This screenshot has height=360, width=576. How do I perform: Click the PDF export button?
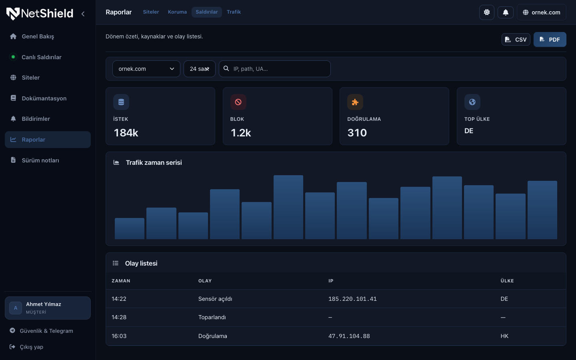[x=550, y=39]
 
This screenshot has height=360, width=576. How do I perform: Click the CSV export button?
[x=516, y=39]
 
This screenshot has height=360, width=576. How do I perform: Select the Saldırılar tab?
[x=206, y=12]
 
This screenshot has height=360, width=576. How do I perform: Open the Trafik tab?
[x=234, y=12]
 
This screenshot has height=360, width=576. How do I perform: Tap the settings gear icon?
[x=486, y=12]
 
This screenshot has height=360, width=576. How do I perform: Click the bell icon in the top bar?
[x=506, y=12]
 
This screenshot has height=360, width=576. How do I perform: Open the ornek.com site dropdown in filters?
[x=146, y=69]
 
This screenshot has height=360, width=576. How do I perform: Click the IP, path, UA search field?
[x=275, y=69]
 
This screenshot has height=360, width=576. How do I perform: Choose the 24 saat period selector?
[x=199, y=69]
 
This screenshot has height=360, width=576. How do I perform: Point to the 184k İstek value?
[x=126, y=133]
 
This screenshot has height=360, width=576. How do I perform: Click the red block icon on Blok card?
[x=238, y=102]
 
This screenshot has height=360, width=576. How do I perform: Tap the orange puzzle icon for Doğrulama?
[x=355, y=102]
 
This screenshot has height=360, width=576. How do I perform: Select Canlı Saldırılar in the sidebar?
[x=42, y=57]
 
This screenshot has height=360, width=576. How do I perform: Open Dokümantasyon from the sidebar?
[x=44, y=98]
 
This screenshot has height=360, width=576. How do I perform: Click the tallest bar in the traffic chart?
[x=288, y=207]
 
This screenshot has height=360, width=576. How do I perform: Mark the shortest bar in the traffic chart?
[x=130, y=229]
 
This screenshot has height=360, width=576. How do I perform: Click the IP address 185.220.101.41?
[x=352, y=299]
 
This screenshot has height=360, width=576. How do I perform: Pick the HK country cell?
[x=504, y=336]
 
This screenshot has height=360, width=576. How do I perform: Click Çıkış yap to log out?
[x=31, y=347]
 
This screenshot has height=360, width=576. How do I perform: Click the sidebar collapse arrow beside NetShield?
[x=83, y=14]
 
